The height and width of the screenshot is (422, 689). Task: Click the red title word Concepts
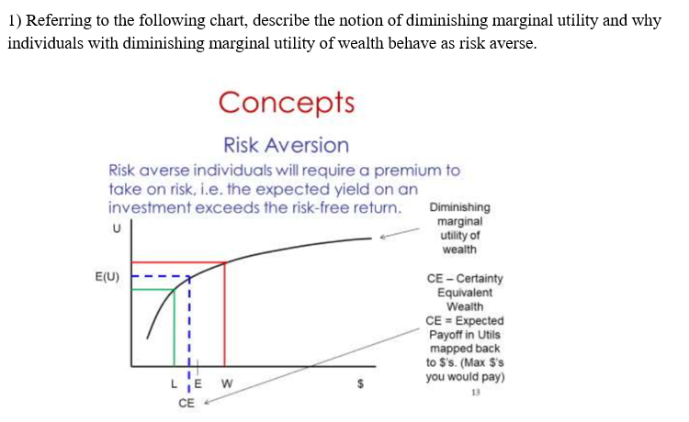pyautogui.click(x=286, y=101)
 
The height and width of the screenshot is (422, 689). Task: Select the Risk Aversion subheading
pyautogui.click(x=286, y=145)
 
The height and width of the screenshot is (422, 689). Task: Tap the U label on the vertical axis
pyautogui.click(x=115, y=228)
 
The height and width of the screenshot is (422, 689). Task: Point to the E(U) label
pyautogui.click(x=104, y=274)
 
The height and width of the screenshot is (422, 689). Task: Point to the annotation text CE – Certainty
pyautogui.click(x=465, y=278)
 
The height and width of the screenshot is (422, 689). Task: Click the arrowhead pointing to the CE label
pyautogui.click(x=206, y=401)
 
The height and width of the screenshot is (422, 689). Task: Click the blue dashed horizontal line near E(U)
pyautogui.click(x=161, y=274)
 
